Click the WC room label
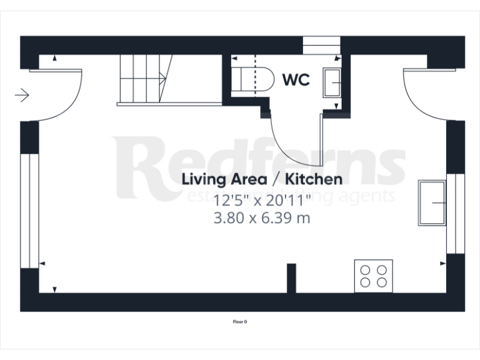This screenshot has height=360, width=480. [296, 81]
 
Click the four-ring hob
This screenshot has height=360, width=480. [374, 276]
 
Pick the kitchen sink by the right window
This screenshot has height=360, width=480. [432, 202]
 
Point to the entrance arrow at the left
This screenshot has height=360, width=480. [22, 95]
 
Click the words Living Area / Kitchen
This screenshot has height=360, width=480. [262, 180]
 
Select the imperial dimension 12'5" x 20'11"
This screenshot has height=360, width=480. [262, 201]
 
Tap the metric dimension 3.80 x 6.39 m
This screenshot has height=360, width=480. [262, 219]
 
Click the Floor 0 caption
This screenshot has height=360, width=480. [240, 322]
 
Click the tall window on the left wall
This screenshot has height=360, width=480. [26, 210]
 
